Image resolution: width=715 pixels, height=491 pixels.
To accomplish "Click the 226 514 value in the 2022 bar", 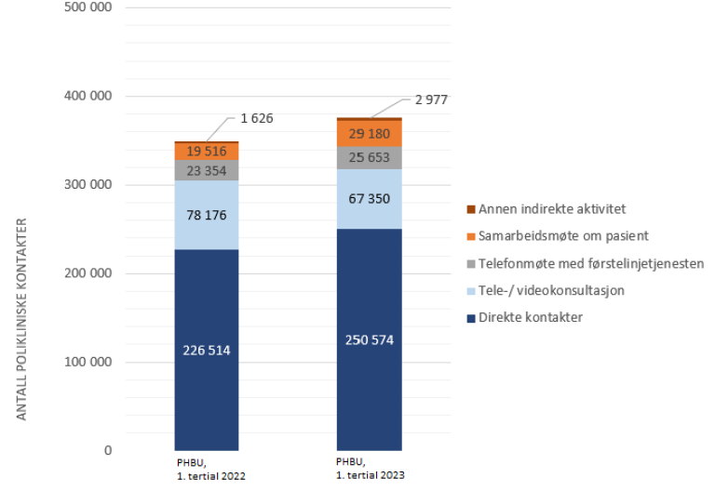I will [x=207, y=351].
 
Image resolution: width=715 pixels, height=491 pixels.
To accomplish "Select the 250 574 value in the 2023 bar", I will [x=369, y=339].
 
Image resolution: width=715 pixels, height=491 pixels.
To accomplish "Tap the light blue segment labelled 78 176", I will [x=207, y=216].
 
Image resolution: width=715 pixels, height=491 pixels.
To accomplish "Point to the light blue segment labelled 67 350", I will [x=369, y=198].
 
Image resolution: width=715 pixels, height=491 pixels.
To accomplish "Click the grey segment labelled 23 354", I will [x=207, y=170].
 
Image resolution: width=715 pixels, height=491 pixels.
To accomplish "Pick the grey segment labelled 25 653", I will [x=369, y=157].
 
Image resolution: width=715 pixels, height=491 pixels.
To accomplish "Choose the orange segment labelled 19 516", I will [x=207, y=152].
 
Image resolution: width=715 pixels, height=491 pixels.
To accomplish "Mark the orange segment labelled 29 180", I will [x=369, y=134].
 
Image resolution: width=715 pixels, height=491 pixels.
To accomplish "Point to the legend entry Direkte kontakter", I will [x=530, y=319].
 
